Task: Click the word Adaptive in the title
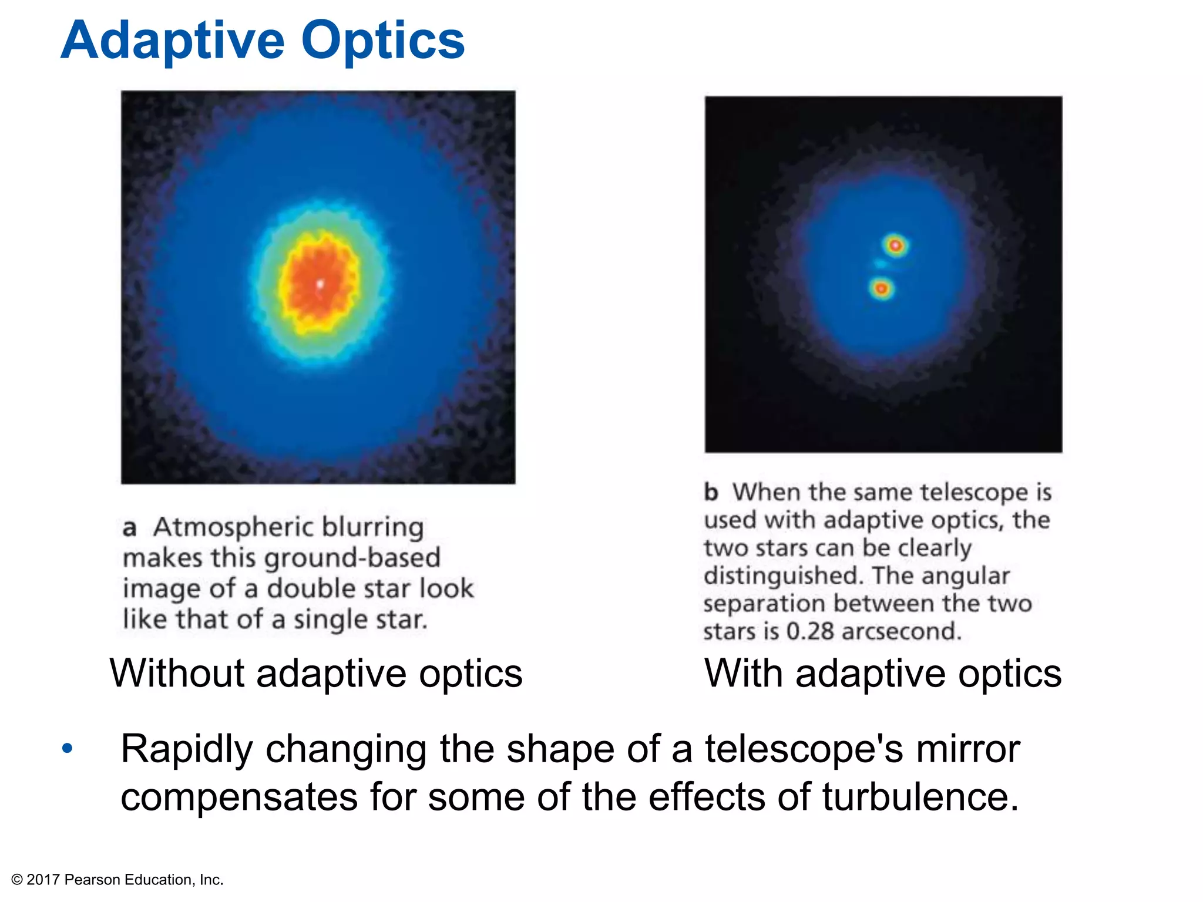coord(173,41)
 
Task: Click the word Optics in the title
coord(383,41)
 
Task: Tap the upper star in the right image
coord(895,245)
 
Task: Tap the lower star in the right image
coord(881,288)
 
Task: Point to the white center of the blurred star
coord(320,285)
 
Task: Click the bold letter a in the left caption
coord(129,527)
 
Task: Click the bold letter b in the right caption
coord(711,492)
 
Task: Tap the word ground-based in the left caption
coord(352,558)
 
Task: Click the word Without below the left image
coord(177,673)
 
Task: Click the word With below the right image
coord(743,673)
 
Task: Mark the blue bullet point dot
coord(68,749)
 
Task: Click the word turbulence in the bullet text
coord(920,797)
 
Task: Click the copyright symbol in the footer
coord(17,880)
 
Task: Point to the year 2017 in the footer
coord(43,880)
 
